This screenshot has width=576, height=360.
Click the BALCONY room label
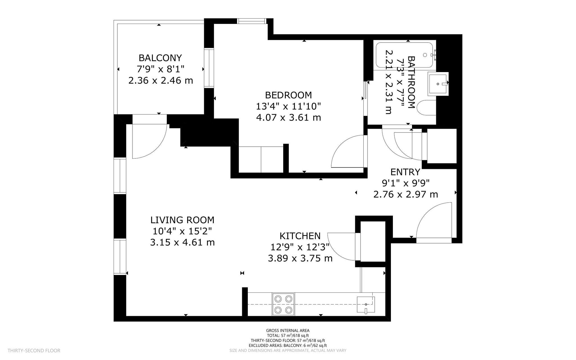[160, 58]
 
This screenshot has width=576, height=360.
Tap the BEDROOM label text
[289, 95]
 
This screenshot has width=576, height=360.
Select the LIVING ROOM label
[182, 220]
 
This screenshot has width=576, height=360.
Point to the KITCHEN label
[300, 236]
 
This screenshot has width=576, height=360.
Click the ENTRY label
[405, 172]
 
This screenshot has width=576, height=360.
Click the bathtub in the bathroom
[404, 55]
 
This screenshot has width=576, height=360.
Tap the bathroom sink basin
[438, 84]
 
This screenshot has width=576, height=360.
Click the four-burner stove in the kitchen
[283, 304]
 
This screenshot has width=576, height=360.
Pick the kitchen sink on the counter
[366, 305]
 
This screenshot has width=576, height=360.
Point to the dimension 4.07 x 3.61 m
[289, 117]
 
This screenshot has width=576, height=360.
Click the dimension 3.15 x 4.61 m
[182, 242]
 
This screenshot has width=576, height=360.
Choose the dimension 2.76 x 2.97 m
[406, 194]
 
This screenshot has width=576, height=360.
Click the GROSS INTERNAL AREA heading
[288, 330]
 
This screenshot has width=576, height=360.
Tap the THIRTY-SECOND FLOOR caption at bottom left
[34, 351]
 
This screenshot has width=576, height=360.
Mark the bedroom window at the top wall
[251, 21]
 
